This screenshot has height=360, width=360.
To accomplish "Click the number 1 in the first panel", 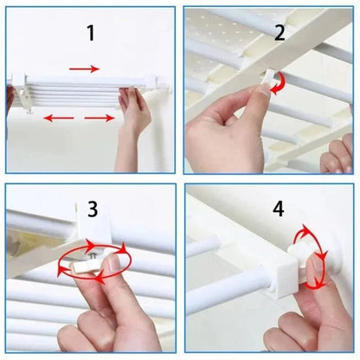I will tap(89, 34).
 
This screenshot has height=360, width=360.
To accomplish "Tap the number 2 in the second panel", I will tap(280, 34).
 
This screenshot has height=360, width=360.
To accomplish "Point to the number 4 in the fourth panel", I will tap(279, 210).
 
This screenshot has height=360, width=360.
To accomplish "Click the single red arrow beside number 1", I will tap(84, 68).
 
